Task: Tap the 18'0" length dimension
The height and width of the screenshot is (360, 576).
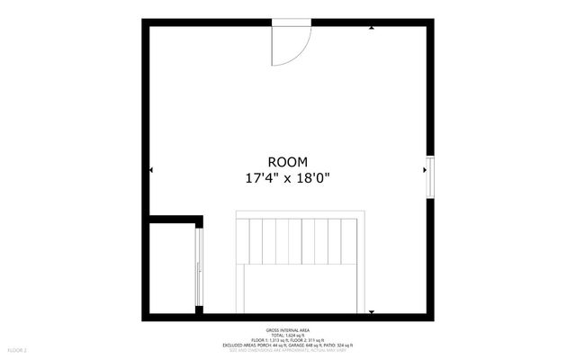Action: [313, 178]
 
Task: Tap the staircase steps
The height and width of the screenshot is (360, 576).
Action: [301, 239]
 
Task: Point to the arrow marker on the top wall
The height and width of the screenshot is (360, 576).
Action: [372, 27]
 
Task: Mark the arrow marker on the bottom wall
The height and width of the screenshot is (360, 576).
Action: [372, 312]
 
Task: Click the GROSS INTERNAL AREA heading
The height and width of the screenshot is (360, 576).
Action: [288, 329]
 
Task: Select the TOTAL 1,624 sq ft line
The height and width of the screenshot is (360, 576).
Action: [288, 335]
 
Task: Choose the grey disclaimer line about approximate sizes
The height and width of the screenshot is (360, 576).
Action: [288, 350]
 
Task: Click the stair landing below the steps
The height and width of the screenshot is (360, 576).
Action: [301, 288]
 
